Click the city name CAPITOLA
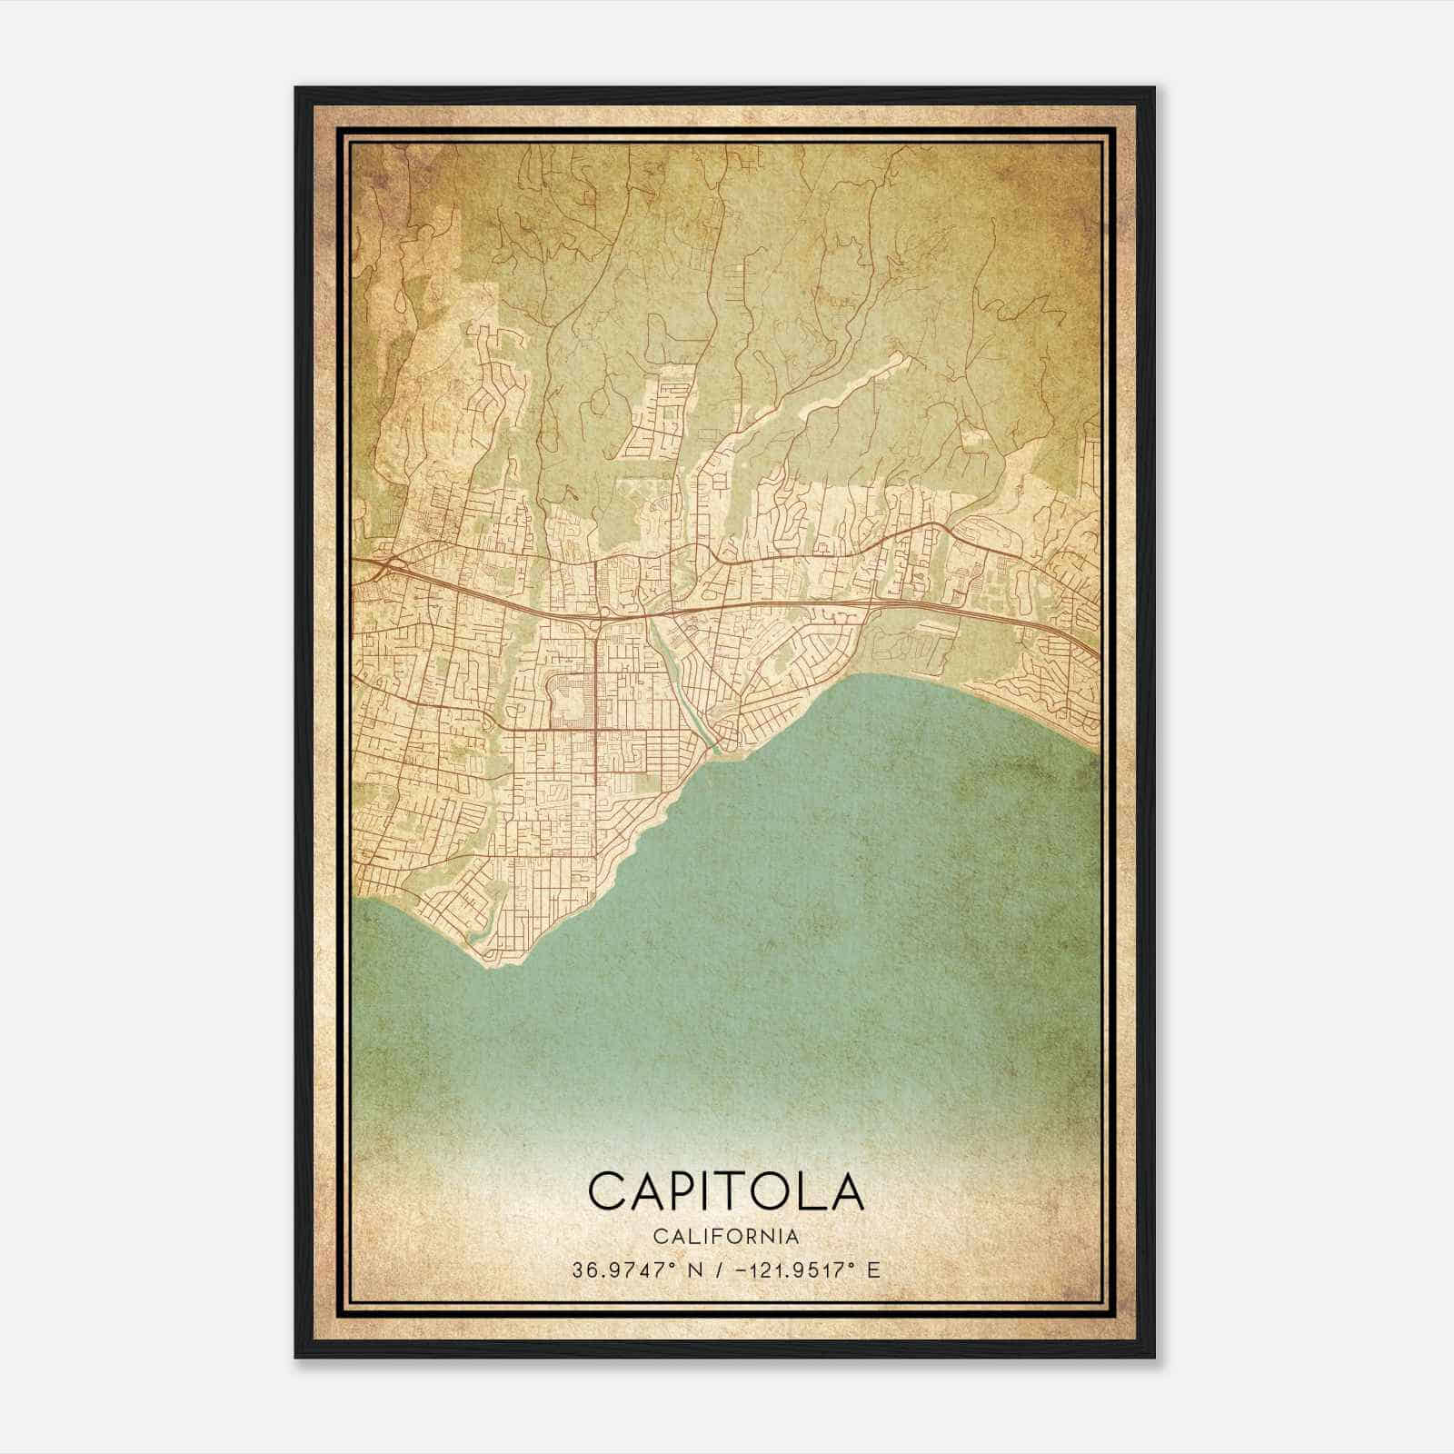(x=726, y=1190)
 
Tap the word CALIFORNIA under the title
(x=726, y=1236)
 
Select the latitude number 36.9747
(x=612, y=1270)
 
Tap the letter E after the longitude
(x=874, y=1270)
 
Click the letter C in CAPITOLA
(x=607, y=1190)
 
